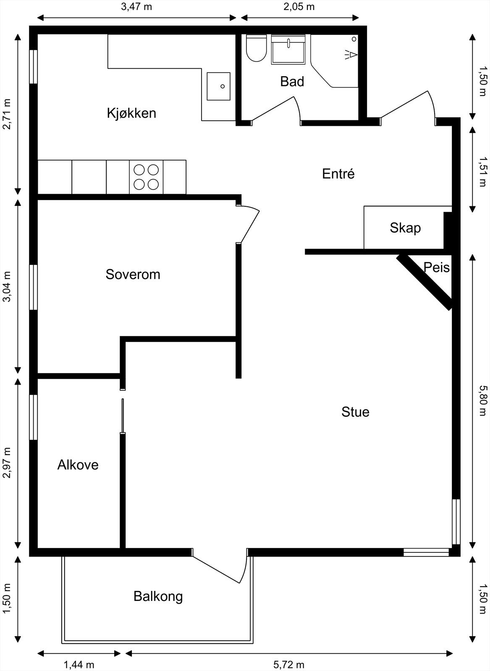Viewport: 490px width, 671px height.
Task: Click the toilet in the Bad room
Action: pos(256,49)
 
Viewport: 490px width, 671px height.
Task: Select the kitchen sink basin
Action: pos(218,86)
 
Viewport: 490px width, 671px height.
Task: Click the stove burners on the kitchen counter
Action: pos(146,177)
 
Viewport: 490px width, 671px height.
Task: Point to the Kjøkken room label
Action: pos(131,113)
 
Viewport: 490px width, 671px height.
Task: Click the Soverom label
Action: pos(133,274)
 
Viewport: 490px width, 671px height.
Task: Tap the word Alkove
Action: pos(78,465)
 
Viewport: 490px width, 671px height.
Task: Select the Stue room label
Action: pos(355,412)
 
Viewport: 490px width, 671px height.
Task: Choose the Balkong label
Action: pos(158,596)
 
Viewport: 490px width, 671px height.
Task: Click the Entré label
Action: pos(338,174)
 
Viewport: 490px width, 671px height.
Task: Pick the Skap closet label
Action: pos(405,228)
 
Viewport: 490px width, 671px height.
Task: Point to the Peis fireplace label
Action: pos(436,268)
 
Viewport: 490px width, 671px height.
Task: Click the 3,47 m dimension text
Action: pos(137,7)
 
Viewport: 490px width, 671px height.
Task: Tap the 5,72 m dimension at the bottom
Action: pos(289,664)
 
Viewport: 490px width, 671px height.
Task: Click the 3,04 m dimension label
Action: pos(7,286)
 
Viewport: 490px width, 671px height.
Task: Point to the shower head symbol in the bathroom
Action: pos(352,55)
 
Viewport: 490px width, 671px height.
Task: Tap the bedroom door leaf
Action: pos(249,225)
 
